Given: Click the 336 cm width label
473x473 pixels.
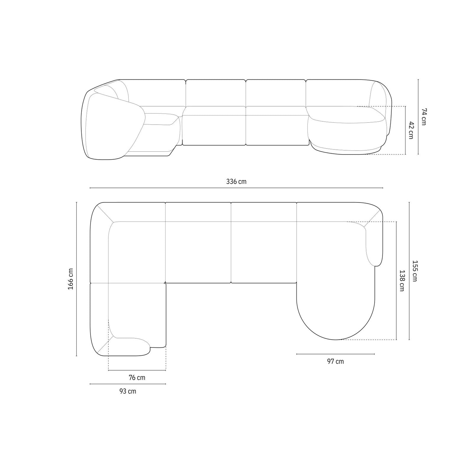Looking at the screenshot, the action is coord(236,182).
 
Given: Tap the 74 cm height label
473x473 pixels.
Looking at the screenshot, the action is coord(423,117).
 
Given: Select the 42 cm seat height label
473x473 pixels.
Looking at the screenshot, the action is coord(411,130).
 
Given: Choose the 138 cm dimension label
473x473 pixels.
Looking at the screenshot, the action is coord(402,280).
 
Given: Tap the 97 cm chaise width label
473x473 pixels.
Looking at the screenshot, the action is coord(336,361).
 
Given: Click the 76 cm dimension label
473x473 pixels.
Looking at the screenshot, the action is coord(137,377).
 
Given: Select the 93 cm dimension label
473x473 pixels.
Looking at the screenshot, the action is coord(128,391).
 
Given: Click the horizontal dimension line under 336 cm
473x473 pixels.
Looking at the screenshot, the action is coord(236,188).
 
